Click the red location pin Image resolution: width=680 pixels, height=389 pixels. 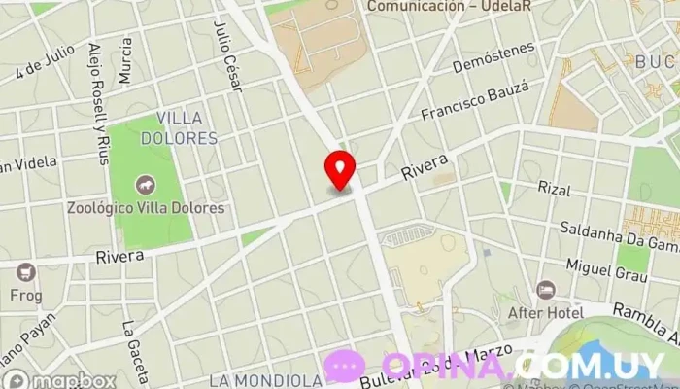(x=339, y=170)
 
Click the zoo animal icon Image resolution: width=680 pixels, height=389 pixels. (x=145, y=184)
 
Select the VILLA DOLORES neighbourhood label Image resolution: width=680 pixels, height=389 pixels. (x=179, y=128)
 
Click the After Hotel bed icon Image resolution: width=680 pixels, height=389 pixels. (x=546, y=291)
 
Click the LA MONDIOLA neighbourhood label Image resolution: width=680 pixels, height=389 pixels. (x=265, y=379)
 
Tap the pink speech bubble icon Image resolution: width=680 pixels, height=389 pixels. (x=345, y=366)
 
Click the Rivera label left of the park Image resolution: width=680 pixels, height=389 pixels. (x=119, y=256)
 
